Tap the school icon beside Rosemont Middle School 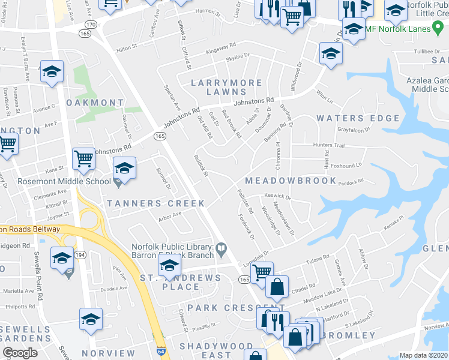click(x=124, y=169)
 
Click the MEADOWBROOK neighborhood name click(x=291, y=181)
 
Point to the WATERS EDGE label click(x=358, y=118)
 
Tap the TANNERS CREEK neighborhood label click(x=156, y=203)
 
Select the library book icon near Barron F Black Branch click(x=221, y=247)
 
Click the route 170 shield click(x=90, y=24)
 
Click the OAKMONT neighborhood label click(x=95, y=103)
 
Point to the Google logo click(x=20, y=353)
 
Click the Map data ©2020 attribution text click(x=423, y=355)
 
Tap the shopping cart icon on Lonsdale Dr click(x=262, y=272)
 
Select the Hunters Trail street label click(x=328, y=145)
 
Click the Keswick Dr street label click(x=277, y=196)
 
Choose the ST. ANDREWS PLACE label click(x=180, y=282)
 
